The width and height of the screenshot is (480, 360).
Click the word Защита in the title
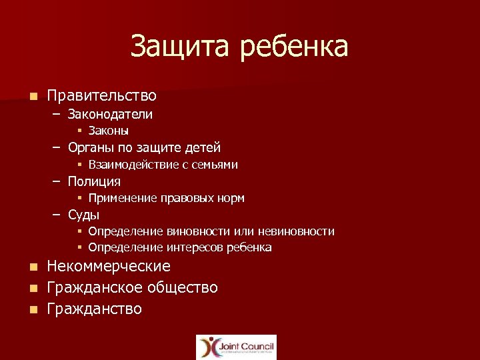173,47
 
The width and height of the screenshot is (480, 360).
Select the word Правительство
101,96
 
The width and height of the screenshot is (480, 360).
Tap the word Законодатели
110,114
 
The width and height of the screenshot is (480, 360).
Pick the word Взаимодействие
131,164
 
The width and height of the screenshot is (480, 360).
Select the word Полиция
94,181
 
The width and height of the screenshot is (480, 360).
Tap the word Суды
83,215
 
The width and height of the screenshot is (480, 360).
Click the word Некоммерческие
103,267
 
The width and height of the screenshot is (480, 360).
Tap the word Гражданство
95,309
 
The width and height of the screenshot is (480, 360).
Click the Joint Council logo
236,347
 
